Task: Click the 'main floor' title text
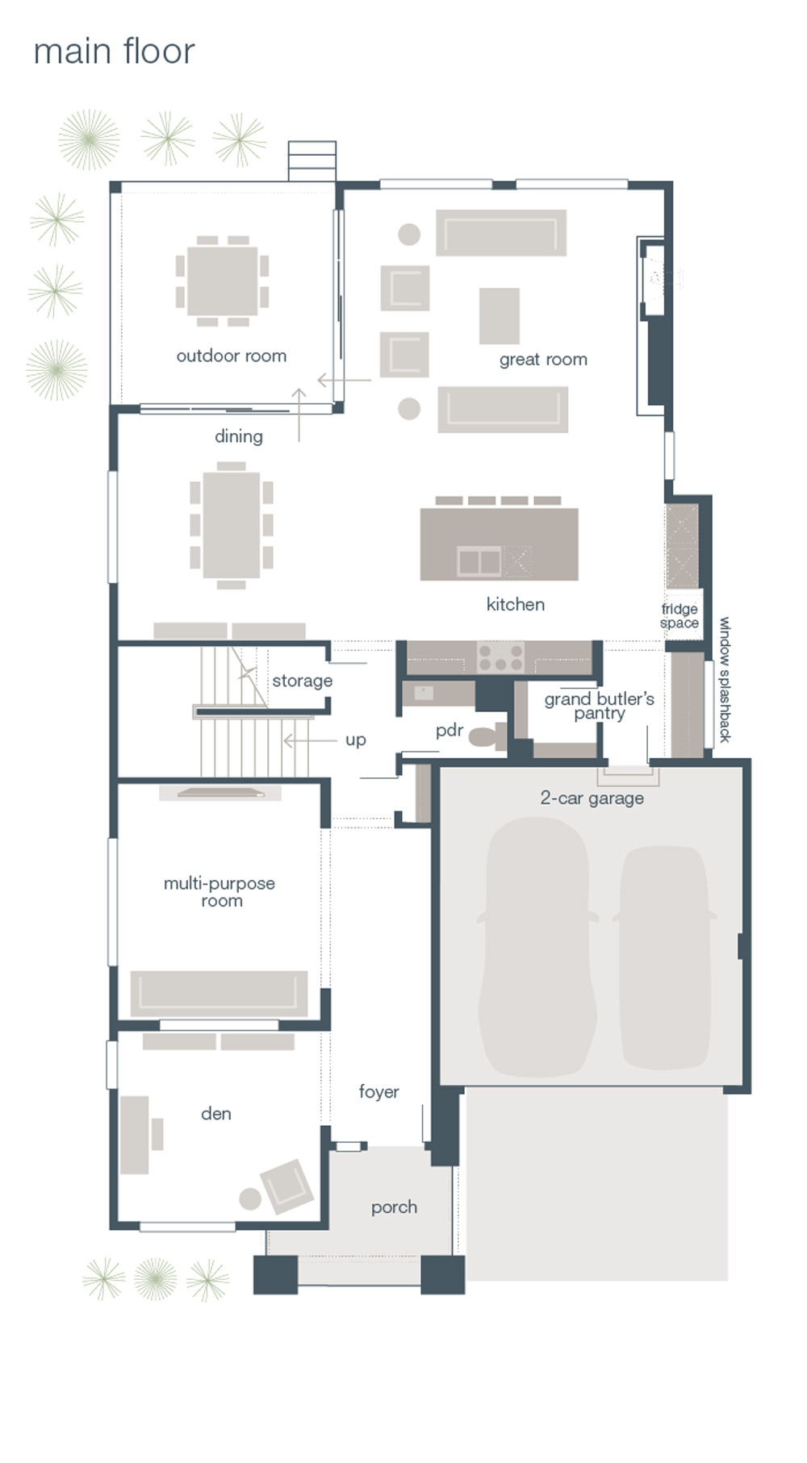point(114,52)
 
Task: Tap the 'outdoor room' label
point(232,356)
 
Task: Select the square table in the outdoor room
point(222,281)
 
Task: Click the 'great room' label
point(543,360)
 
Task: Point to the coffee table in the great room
point(499,316)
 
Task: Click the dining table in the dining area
point(232,525)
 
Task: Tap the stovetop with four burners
point(500,656)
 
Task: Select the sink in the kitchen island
point(479,561)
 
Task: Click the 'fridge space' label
point(679,616)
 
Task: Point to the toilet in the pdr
point(487,736)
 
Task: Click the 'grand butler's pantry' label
point(599,706)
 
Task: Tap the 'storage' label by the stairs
point(302,681)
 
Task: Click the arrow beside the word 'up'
point(310,740)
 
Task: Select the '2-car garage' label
point(592,798)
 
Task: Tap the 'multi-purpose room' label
point(220,892)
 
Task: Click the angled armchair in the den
point(286,1186)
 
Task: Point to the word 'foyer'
point(378,1092)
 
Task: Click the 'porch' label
point(394,1207)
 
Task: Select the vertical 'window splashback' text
point(725,680)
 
